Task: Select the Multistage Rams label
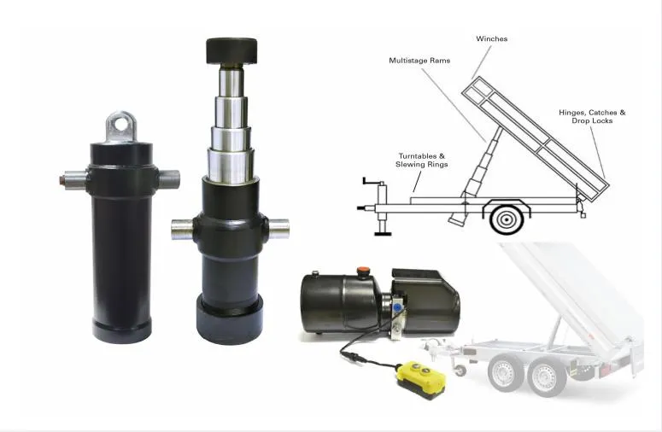[x=419, y=61]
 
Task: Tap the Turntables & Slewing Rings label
[x=422, y=160]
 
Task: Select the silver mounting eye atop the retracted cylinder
[x=122, y=126]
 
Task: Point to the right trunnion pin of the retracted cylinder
[x=168, y=179]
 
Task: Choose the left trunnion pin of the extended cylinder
[x=181, y=228]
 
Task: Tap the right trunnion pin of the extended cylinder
[x=278, y=228]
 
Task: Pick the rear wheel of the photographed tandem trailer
[x=545, y=376]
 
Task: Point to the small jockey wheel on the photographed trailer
[x=462, y=370]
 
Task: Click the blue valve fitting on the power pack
[x=397, y=304]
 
